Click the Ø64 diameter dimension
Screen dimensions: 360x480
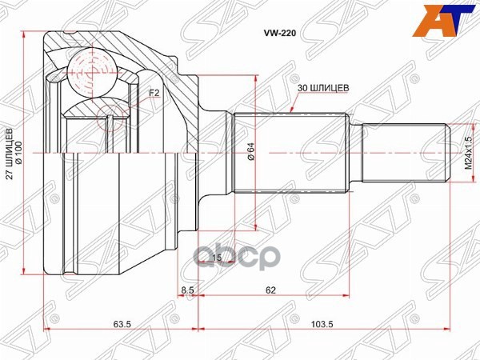pyautogui.click(x=250, y=151)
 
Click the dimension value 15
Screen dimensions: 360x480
pyautogui.click(x=216, y=257)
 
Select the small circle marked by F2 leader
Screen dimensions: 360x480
pyautogui.click(x=110, y=120)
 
